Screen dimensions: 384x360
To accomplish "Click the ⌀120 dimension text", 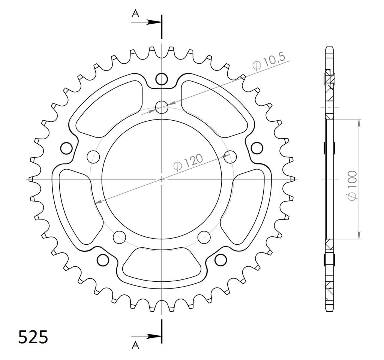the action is pyautogui.click(x=188, y=162).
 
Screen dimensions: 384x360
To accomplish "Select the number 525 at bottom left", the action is pyautogui.click(x=33, y=337).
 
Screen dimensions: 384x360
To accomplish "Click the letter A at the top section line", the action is pyautogui.click(x=135, y=14).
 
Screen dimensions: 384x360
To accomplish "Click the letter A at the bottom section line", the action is pyautogui.click(x=135, y=345).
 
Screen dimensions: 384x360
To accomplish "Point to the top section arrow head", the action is pyautogui.click(x=154, y=22).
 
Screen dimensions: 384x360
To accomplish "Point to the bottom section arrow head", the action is pyautogui.click(x=154, y=336).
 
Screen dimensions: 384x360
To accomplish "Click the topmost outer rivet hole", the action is pyautogui.click(x=162, y=79).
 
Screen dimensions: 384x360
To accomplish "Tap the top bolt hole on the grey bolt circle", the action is pyautogui.click(x=162, y=107).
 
